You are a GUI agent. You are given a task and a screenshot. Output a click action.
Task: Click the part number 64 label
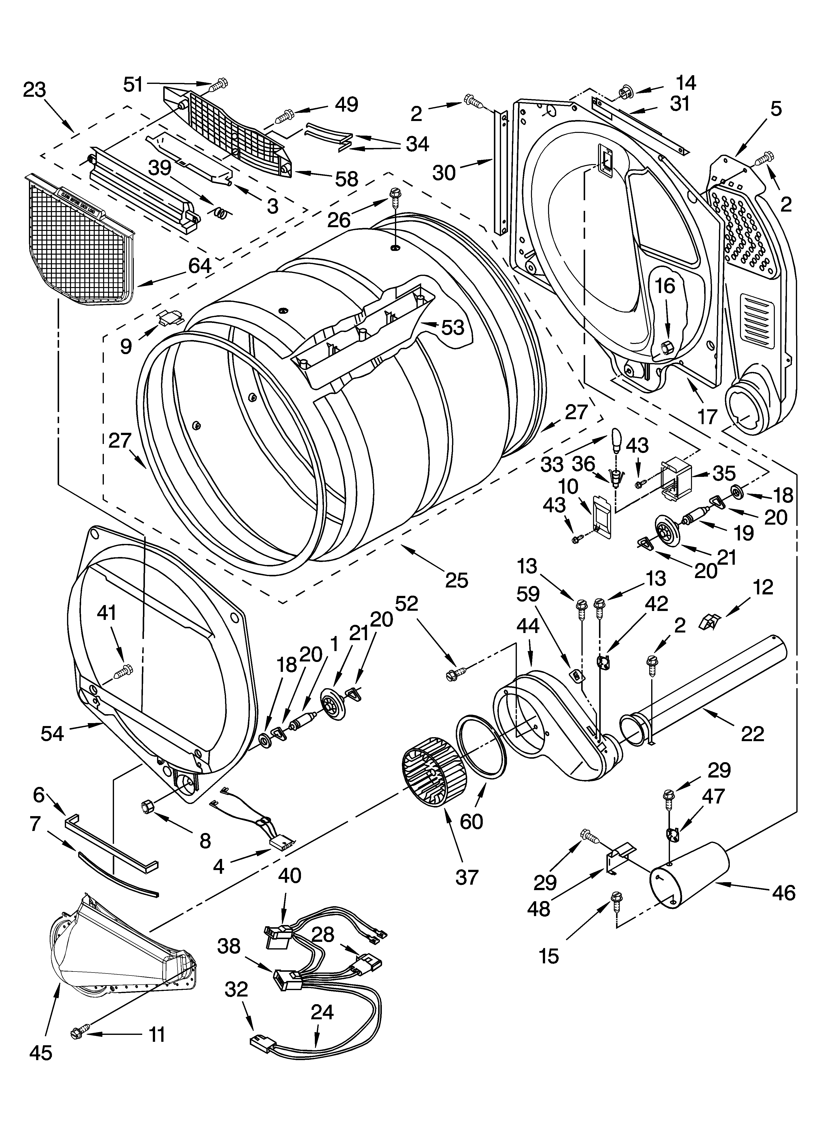pos(200,266)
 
